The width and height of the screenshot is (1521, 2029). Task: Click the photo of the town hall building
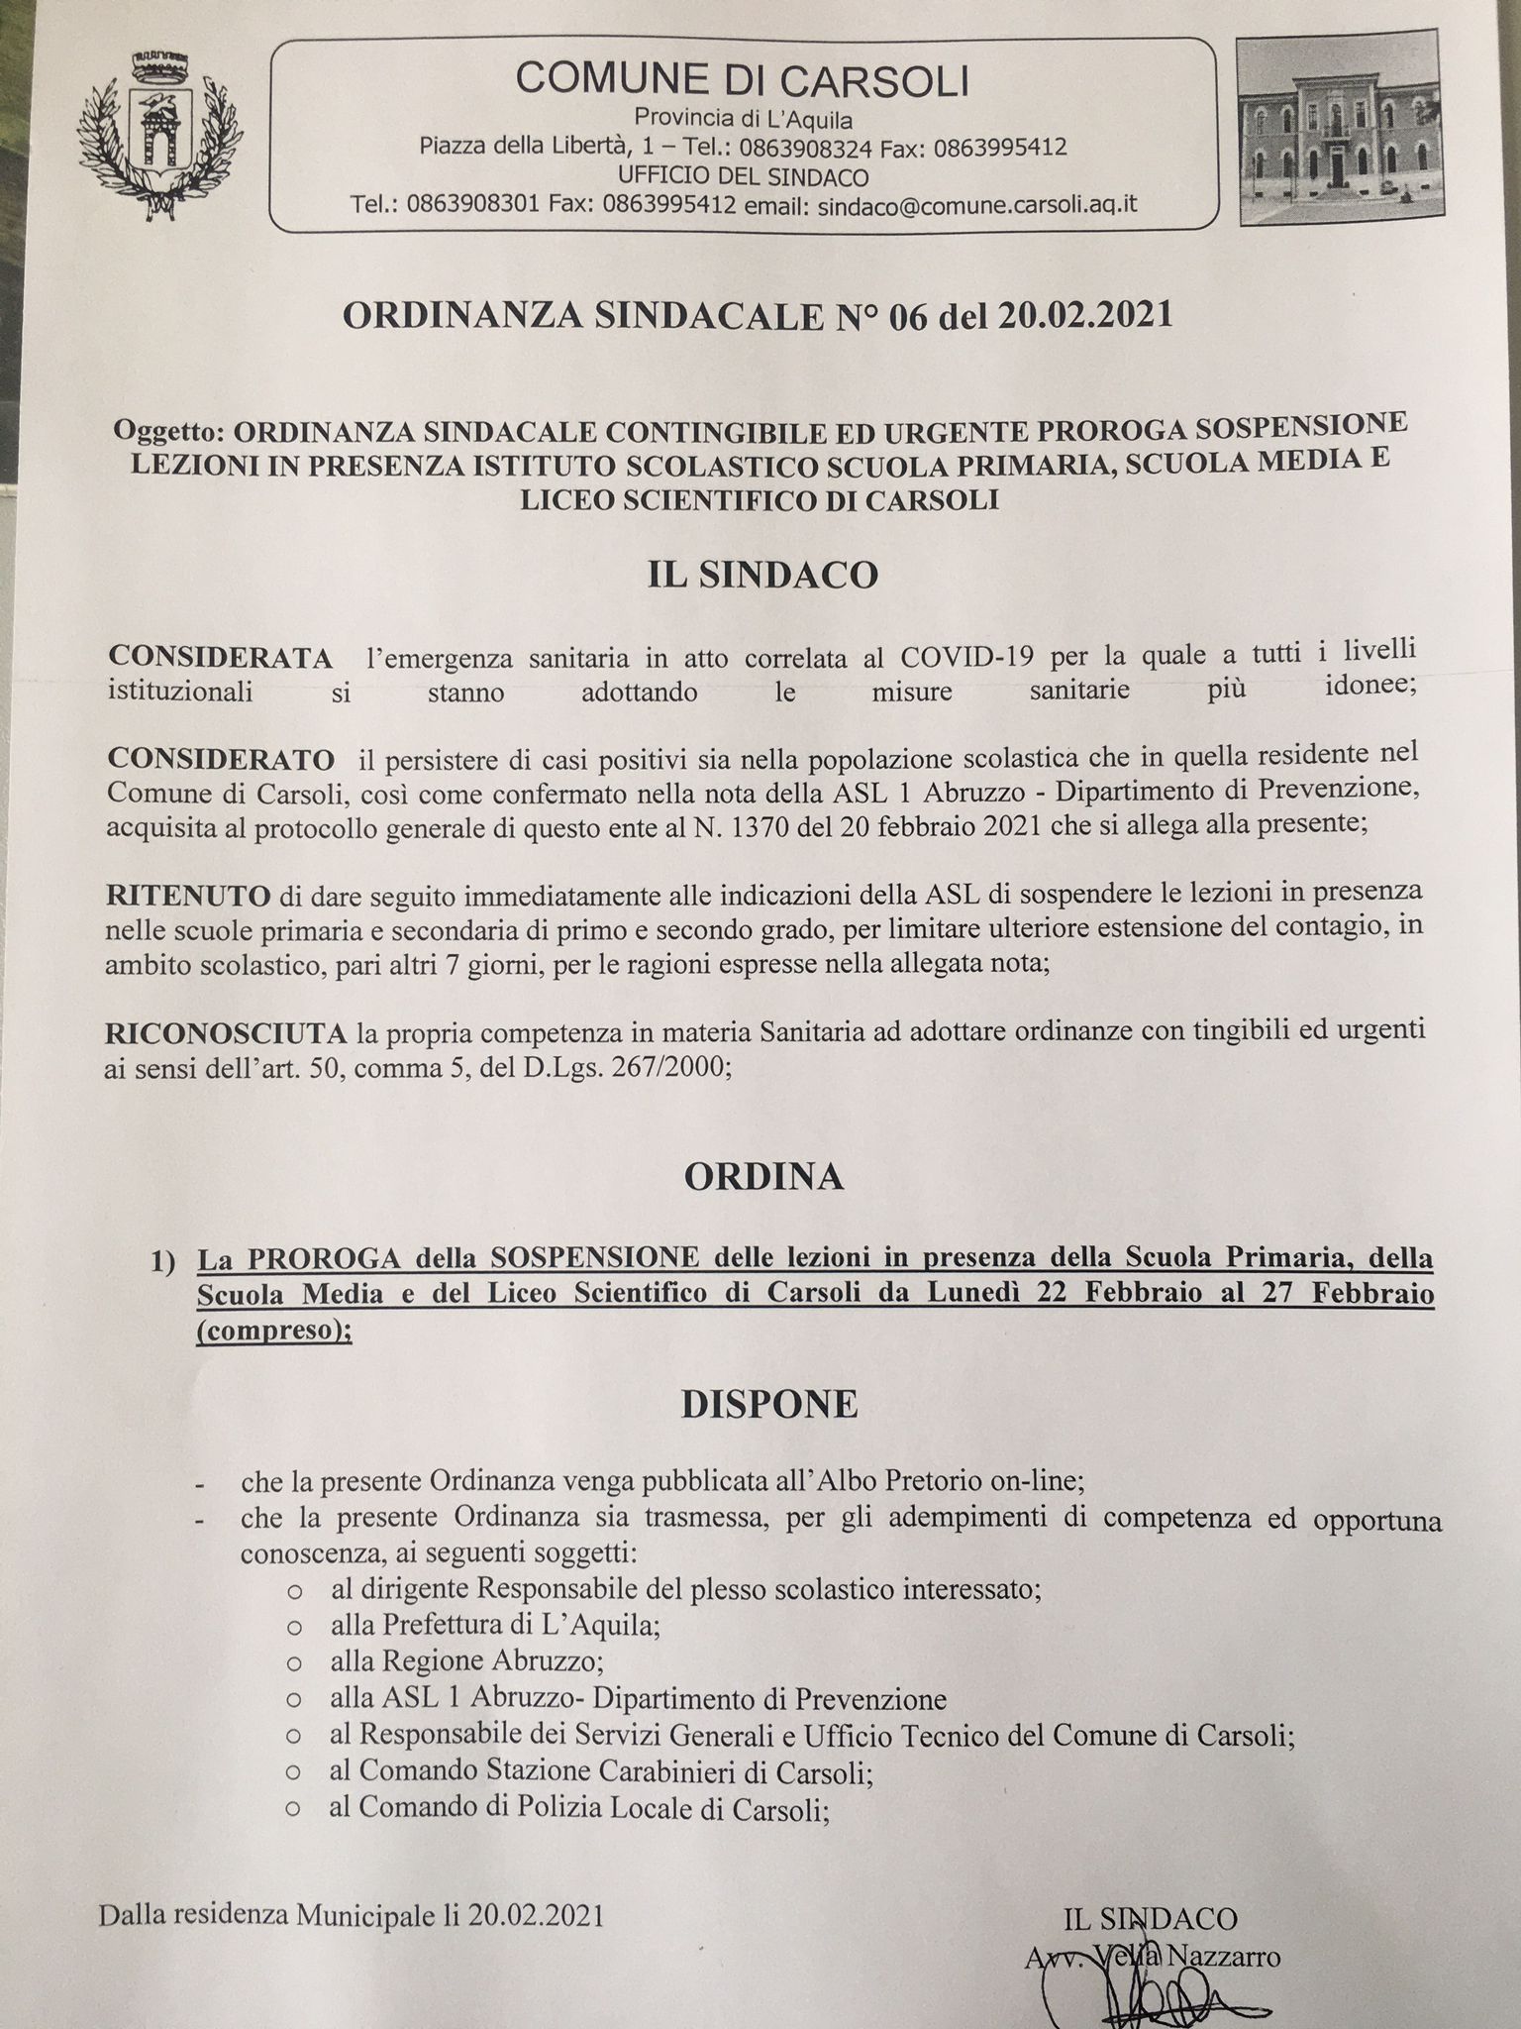click(1339, 134)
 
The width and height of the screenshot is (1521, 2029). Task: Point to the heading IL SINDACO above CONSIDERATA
click(762, 575)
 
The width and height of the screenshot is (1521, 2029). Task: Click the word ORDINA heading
click(762, 1176)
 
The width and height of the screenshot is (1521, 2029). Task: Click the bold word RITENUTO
click(188, 897)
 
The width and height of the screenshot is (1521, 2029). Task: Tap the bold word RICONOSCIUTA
click(227, 1034)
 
